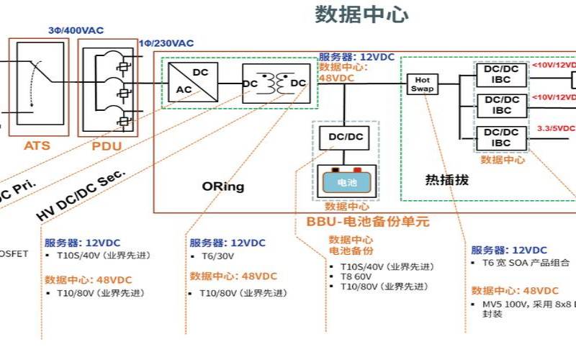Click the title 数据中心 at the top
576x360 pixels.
[x=361, y=14]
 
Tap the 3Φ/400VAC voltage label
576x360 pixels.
[x=76, y=30]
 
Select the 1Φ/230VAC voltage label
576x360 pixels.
[x=166, y=43]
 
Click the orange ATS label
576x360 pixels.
[x=37, y=145]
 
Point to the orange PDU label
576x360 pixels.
[x=107, y=145]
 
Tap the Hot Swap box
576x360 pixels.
[x=423, y=84]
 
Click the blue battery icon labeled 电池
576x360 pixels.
[x=346, y=183]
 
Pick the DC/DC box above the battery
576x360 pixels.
[x=346, y=137]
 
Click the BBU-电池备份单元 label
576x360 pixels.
[x=368, y=222]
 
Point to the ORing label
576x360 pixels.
[x=222, y=186]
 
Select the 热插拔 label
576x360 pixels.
[x=446, y=180]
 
